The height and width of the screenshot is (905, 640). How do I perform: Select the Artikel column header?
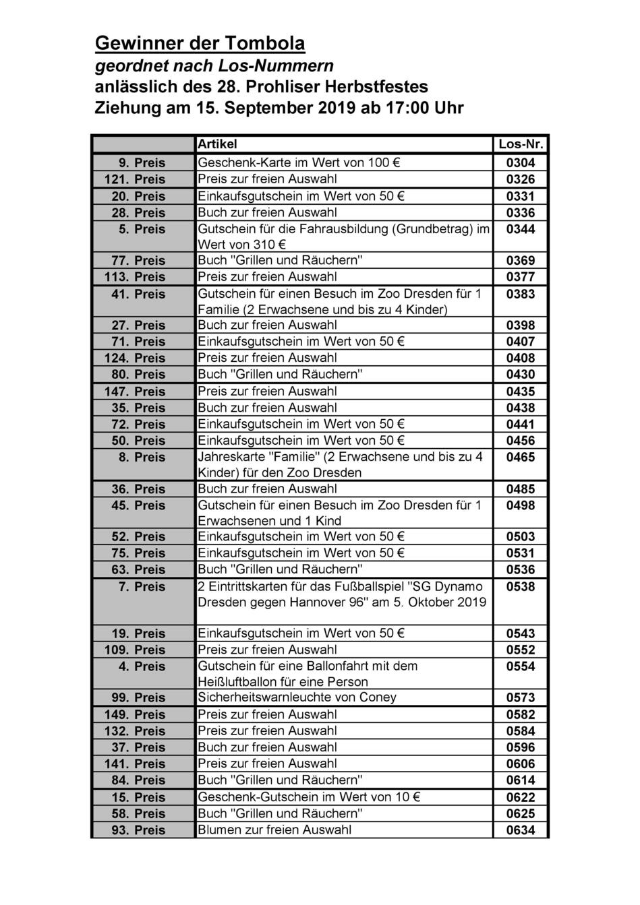click(x=217, y=144)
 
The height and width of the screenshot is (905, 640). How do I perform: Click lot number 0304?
click(x=521, y=162)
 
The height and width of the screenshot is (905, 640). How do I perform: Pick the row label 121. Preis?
click(x=135, y=179)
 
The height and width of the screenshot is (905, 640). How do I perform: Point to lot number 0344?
click(x=521, y=230)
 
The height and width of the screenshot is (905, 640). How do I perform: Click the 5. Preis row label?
click(x=142, y=230)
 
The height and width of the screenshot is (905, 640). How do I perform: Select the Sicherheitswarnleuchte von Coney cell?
click(x=297, y=697)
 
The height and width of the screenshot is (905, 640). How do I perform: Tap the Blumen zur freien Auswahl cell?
click(x=274, y=830)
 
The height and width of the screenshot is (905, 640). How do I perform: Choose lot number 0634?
click(x=521, y=830)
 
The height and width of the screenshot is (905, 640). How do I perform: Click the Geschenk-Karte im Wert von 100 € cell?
click(x=299, y=162)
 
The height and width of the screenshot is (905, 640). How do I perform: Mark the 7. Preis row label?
click(x=142, y=587)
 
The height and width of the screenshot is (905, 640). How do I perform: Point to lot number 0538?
click(x=521, y=587)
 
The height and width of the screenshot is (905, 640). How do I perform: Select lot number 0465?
click(x=521, y=458)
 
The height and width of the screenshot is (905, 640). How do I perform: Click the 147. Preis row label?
click(x=135, y=392)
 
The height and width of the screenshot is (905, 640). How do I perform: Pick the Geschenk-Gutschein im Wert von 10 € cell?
click(x=309, y=797)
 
